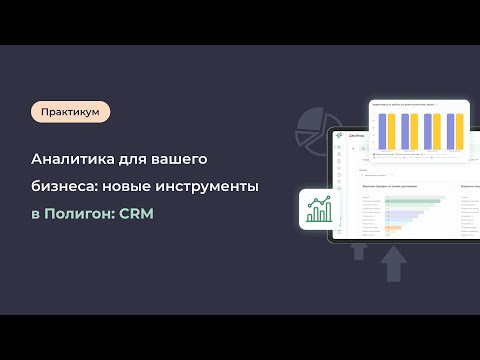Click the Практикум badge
pos(70,112)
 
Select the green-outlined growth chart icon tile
pos(321,209)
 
